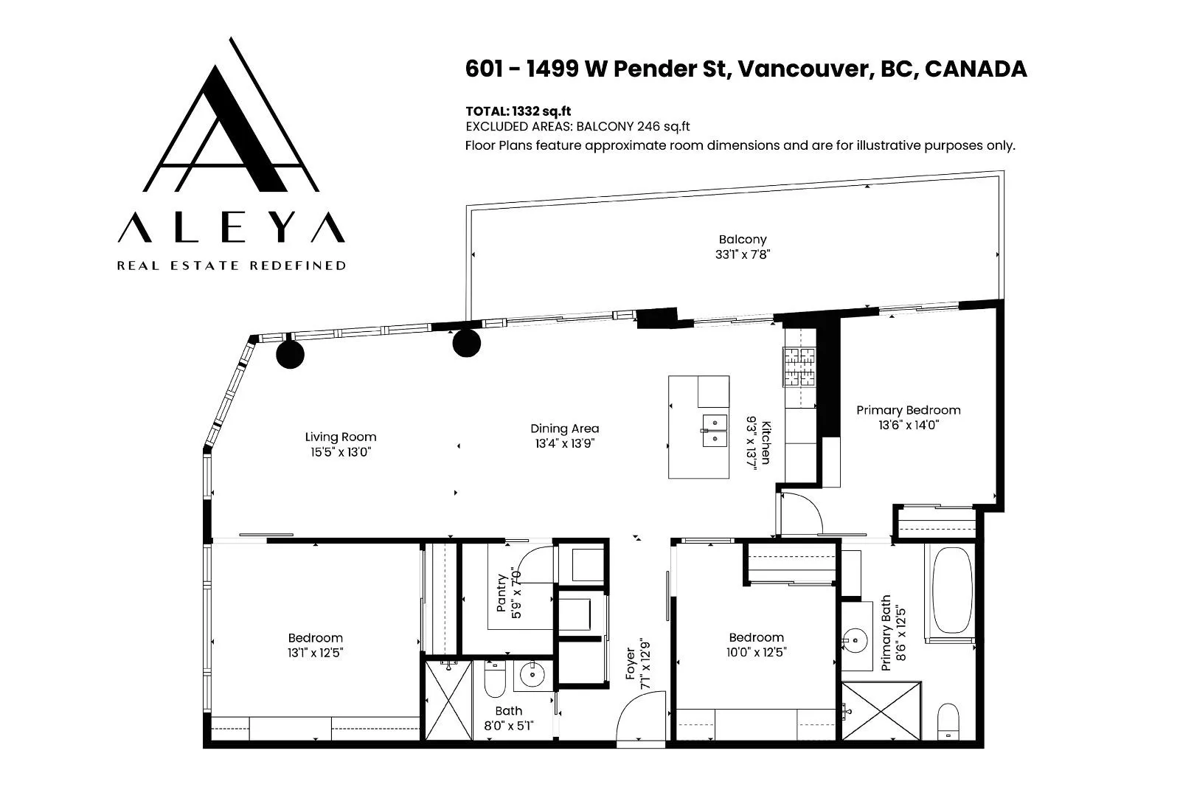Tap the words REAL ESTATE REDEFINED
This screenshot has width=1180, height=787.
pyautogui.click(x=232, y=266)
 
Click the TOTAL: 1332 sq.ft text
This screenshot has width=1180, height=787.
pyautogui.click(x=518, y=111)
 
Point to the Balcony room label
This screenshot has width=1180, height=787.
pyautogui.click(x=742, y=239)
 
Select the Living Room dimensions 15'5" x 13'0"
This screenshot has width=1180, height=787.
pyautogui.click(x=340, y=452)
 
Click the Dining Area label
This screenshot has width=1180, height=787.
pyautogui.click(x=564, y=429)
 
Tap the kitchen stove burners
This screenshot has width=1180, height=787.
pyautogui.click(x=799, y=367)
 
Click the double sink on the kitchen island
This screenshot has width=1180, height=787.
pyautogui.click(x=715, y=430)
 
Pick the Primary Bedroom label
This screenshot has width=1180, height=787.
pyautogui.click(x=908, y=410)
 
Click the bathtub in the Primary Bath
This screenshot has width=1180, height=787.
pyautogui.click(x=952, y=591)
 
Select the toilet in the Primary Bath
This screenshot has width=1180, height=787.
pyautogui.click(x=948, y=721)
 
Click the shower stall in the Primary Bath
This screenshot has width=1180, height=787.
pyautogui.click(x=881, y=711)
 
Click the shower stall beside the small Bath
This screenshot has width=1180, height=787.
pyautogui.click(x=448, y=701)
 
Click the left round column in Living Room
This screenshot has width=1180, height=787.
pyautogui.click(x=291, y=354)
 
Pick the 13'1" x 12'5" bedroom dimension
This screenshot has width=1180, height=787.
pyautogui.click(x=315, y=653)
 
